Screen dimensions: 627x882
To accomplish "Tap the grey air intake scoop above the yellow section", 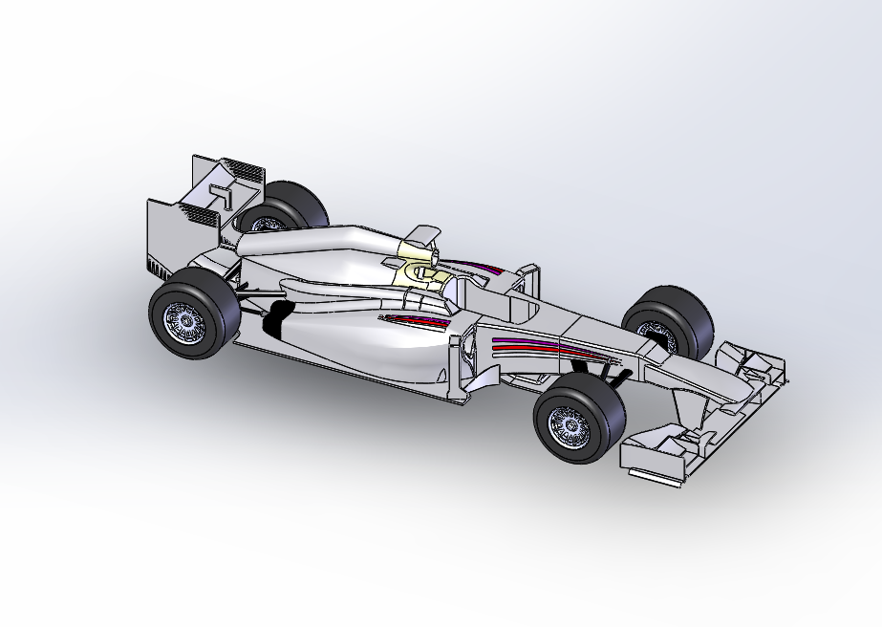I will pos(419,237).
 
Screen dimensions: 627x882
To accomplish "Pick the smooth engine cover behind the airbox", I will pos(306,245).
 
